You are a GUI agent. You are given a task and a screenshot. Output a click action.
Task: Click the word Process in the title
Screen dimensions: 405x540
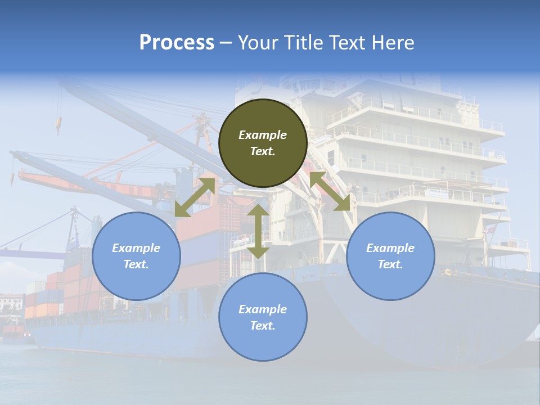[177, 43]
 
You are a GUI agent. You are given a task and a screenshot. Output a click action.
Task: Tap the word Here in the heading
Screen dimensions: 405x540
[393, 43]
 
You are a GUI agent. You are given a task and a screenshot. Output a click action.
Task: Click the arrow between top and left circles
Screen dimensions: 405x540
[195, 197]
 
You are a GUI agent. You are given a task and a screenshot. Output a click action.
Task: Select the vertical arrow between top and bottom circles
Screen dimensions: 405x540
[258, 231]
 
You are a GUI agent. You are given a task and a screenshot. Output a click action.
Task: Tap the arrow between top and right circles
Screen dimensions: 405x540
[331, 192]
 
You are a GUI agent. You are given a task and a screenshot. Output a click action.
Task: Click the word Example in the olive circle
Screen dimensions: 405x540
[263, 135]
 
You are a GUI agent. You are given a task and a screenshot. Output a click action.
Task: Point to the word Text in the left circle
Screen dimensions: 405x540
[136, 264]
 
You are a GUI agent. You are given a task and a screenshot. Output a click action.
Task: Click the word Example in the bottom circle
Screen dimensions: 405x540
[263, 309]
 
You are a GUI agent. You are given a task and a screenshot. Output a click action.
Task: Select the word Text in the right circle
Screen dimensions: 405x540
[390, 264]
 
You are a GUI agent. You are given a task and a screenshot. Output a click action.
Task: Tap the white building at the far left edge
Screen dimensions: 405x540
[11, 304]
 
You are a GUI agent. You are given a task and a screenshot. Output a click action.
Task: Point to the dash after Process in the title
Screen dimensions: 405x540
[226, 43]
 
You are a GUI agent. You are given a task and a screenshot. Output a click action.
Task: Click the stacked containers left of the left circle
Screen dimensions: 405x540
[62, 292]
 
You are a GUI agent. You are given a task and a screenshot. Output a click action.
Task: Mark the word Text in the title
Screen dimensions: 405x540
[347, 43]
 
